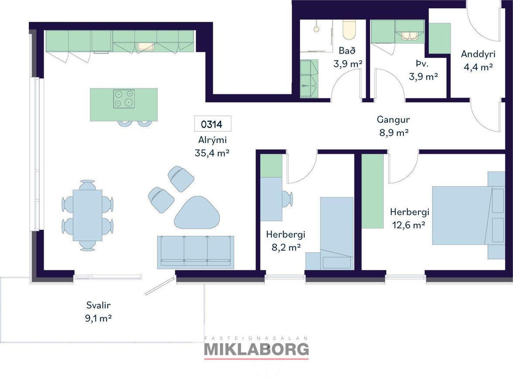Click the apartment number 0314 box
pos(213,124)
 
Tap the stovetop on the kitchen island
pos(124,99)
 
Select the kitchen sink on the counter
pos(146,47)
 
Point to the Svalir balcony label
pos(99,305)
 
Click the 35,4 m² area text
pos(212,153)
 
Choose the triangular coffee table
pos(197,213)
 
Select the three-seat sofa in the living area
pos(195,252)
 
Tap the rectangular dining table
pos(87,215)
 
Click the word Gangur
pos(393,119)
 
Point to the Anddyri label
pos(478,54)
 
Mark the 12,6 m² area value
pos(409,225)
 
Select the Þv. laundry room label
pos(422,63)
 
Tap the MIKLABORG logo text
pos(256,349)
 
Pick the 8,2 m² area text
pos(286,248)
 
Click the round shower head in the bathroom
pos(316,29)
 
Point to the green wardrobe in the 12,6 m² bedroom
pos(373,191)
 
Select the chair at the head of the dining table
pos(87,184)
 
